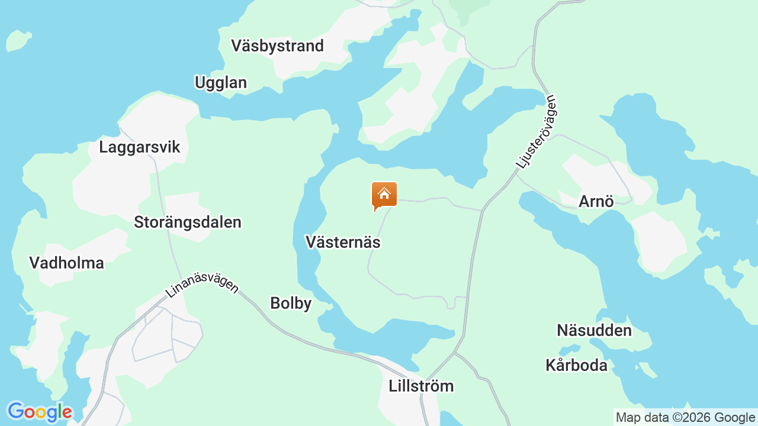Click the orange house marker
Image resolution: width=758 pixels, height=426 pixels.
(x=384, y=196)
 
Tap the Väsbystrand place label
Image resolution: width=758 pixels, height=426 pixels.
(x=277, y=46)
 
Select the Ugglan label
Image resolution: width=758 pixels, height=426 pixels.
(x=220, y=82)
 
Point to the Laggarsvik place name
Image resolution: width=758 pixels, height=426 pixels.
(x=139, y=147)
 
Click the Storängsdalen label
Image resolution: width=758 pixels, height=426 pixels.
(x=187, y=222)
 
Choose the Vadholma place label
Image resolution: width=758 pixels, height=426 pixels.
(x=66, y=263)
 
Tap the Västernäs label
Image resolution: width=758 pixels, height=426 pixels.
(x=343, y=242)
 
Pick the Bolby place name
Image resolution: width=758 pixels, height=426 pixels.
(x=291, y=303)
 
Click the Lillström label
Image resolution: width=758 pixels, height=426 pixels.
(x=421, y=386)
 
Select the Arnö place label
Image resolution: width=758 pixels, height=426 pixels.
(x=596, y=201)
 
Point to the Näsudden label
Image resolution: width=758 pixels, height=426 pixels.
(x=594, y=330)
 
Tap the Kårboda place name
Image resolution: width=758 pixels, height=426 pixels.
(x=576, y=365)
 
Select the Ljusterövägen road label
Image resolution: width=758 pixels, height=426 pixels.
(x=537, y=131)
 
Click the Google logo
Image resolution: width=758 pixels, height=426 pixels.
(x=39, y=412)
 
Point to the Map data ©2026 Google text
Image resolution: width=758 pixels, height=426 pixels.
(x=685, y=418)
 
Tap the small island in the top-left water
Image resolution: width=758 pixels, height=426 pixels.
(x=18, y=40)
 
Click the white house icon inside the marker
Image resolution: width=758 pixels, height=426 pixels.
(x=384, y=193)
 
